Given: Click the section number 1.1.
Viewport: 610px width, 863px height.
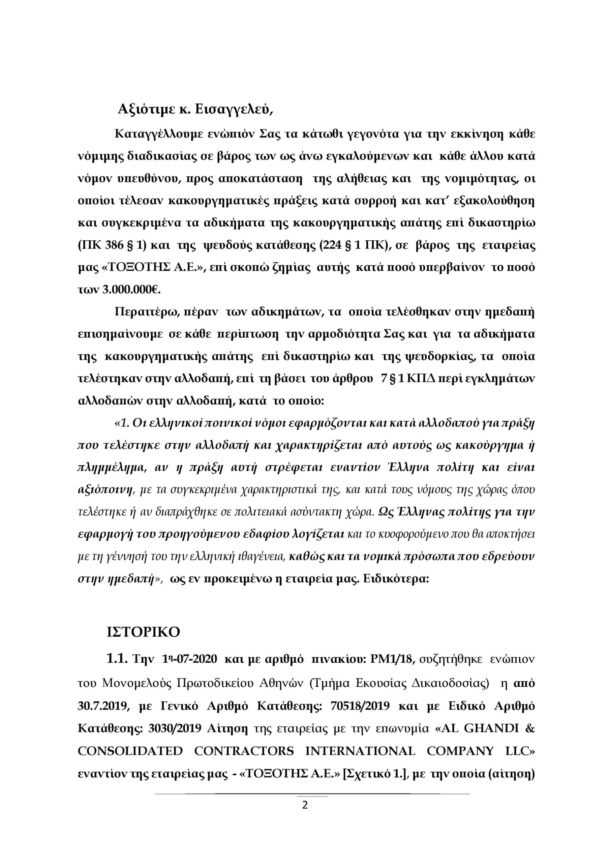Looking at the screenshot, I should [x=118, y=659].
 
